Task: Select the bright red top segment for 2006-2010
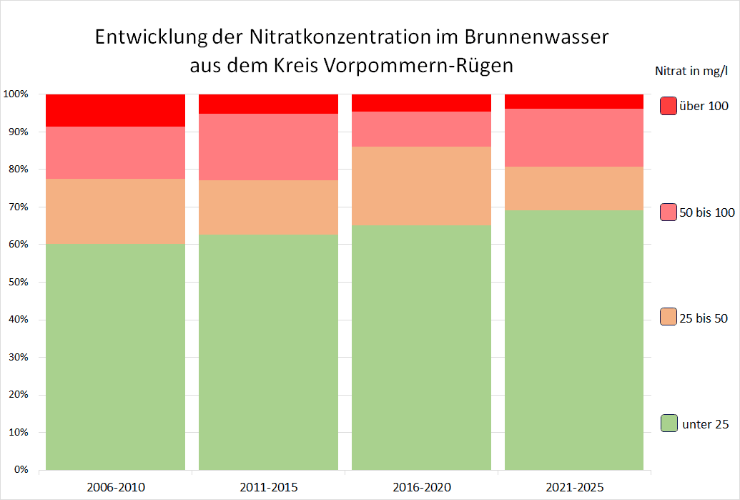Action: pos(115,110)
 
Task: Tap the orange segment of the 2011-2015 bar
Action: pos(268,207)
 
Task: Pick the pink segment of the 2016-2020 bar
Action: pos(421,129)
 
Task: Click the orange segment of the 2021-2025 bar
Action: pos(574,187)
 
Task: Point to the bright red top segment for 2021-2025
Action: pos(574,101)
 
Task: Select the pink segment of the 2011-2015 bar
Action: pos(268,147)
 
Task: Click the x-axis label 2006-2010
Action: pos(116,488)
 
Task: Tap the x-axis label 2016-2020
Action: pos(422,488)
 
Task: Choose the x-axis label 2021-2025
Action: pos(575,488)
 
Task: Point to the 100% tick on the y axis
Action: pos(16,94)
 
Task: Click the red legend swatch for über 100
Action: pos(669,106)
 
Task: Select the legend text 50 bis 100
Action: pos(706,212)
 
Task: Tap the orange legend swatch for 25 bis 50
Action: pos(669,318)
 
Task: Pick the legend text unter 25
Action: pos(706,424)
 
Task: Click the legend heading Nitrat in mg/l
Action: pos(691,71)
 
